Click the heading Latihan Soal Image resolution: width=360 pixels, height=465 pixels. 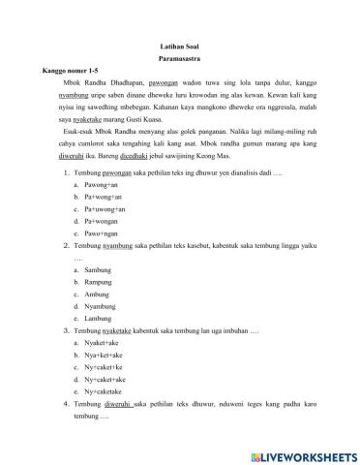(180, 46)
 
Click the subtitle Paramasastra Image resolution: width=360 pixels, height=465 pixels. (180, 58)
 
